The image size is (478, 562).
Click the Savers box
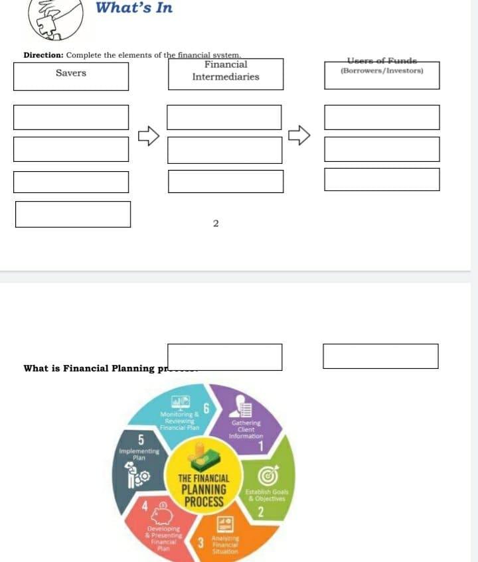click(x=71, y=74)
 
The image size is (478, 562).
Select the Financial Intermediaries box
click(x=226, y=72)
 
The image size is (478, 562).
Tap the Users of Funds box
click(x=382, y=74)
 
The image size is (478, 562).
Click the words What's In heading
click(x=134, y=8)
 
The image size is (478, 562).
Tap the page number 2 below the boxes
click(x=216, y=224)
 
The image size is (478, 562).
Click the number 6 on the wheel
click(x=206, y=409)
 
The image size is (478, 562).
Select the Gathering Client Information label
click(x=246, y=429)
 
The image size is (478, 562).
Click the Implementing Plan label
click(x=139, y=454)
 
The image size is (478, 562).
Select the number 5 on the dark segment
click(x=141, y=440)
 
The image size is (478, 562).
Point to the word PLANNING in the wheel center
click(x=204, y=490)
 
